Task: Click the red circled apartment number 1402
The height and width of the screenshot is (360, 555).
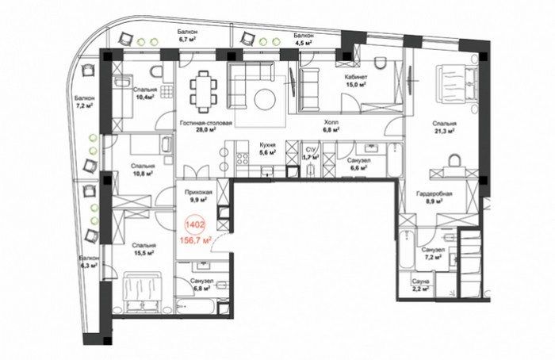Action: [x=195, y=224]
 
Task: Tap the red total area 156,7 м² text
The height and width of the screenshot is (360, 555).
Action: [x=196, y=241]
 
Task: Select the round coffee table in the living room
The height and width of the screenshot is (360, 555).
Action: [x=265, y=99]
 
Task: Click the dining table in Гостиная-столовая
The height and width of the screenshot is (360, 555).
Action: [x=204, y=92]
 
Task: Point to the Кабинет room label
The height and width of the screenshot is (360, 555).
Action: [x=356, y=77]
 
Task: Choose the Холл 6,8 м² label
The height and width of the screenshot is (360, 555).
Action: [x=331, y=125]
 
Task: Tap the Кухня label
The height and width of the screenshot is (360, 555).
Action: [x=268, y=145]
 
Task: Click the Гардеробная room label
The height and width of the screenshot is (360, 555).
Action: [x=434, y=194]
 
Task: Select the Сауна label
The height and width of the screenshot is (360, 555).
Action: [x=420, y=281]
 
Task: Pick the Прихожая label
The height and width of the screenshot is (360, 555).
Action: [x=198, y=192]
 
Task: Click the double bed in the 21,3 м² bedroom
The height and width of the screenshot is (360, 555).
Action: [x=457, y=82]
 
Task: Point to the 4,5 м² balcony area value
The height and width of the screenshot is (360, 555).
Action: [x=304, y=43]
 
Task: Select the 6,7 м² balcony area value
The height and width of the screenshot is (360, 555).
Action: [x=188, y=39]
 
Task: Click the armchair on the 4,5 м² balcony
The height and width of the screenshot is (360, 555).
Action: [x=248, y=38]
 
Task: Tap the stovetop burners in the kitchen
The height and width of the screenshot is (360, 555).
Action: [x=243, y=159]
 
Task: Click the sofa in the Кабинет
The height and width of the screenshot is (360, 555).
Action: [x=309, y=90]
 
